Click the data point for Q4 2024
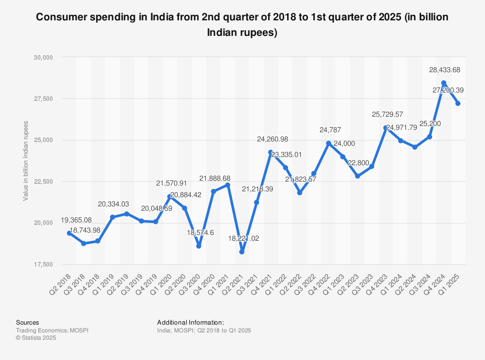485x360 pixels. pyautogui.click(x=443, y=83)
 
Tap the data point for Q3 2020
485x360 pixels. pyautogui.click(x=199, y=246)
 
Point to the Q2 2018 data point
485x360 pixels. pyautogui.click(x=69, y=233)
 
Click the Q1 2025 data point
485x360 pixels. pyautogui.click(x=458, y=104)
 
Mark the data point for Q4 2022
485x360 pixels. pyautogui.click(x=328, y=143)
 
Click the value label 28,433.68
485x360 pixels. pyautogui.click(x=444, y=70)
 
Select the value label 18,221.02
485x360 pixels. pyautogui.click(x=243, y=239)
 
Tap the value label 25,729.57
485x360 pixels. pyautogui.click(x=387, y=115)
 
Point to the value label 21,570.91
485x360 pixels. pyautogui.click(x=171, y=184)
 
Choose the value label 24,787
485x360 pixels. pyautogui.click(x=330, y=130)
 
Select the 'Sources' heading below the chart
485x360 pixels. pyautogui.click(x=28, y=322)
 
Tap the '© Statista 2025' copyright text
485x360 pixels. pyautogui.click(x=36, y=338)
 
